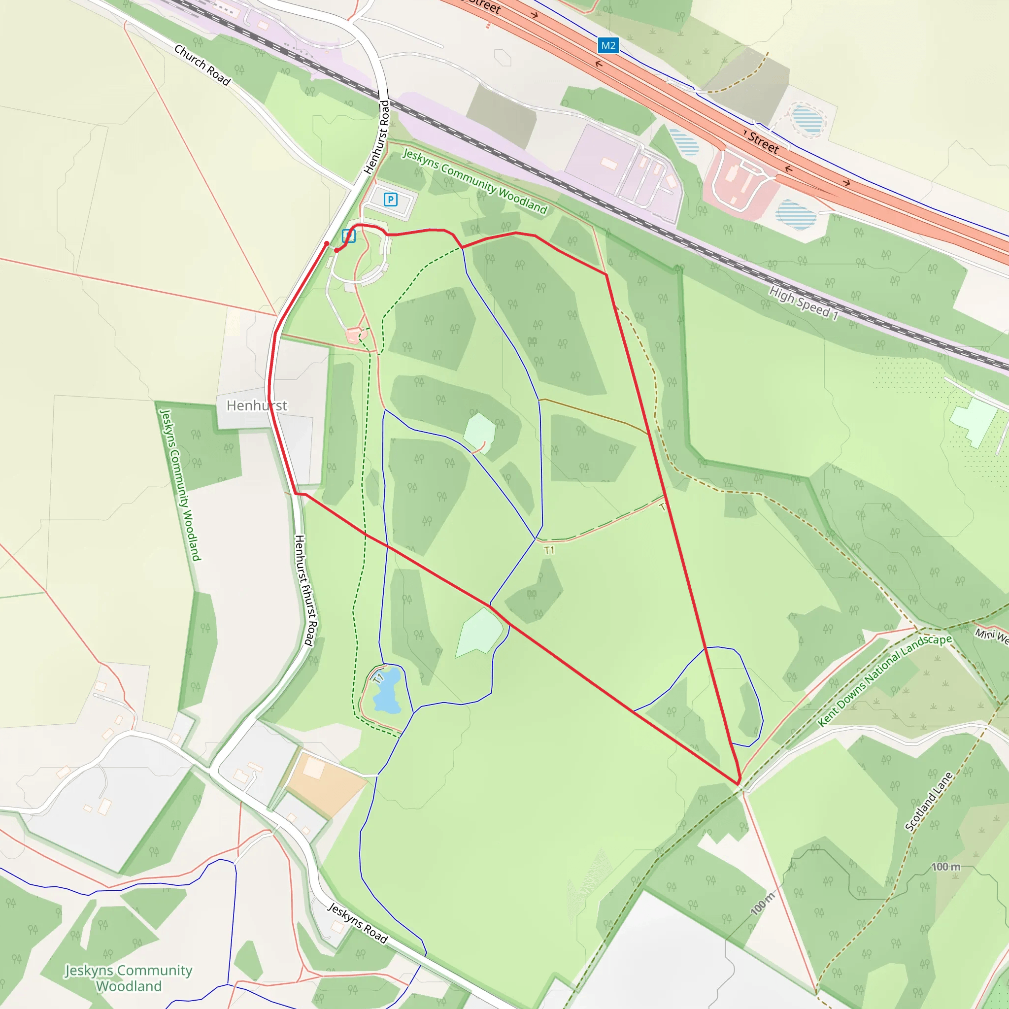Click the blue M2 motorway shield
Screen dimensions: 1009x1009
(x=608, y=45)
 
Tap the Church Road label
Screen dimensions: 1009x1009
(x=202, y=65)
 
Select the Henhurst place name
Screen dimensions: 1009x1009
(x=256, y=405)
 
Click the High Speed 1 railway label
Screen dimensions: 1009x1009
(x=804, y=303)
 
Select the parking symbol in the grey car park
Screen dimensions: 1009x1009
(x=390, y=199)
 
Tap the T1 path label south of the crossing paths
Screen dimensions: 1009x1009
(x=549, y=550)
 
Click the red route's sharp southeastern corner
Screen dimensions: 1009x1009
(x=738, y=783)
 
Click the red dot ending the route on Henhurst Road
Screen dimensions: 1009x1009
(x=327, y=243)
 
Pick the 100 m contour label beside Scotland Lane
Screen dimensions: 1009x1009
(x=946, y=867)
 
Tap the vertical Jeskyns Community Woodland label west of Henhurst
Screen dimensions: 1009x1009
(x=180, y=485)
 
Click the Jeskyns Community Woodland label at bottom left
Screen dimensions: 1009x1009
(x=129, y=977)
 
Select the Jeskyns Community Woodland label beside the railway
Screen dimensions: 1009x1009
(x=475, y=181)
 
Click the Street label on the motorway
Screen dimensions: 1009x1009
(x=763, y=142)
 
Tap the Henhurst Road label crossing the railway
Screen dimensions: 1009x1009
(x=377, y=137)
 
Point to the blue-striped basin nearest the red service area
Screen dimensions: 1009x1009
(x=796, y=214)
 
